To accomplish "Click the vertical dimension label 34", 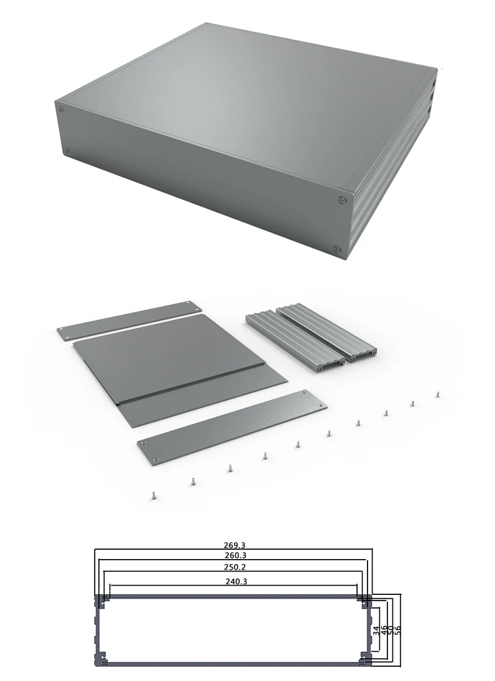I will pos(376,631).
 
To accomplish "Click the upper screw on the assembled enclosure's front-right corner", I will pos(342,199).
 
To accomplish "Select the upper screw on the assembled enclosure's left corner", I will pos(61,110).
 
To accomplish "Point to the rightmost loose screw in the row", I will pos(438,393).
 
